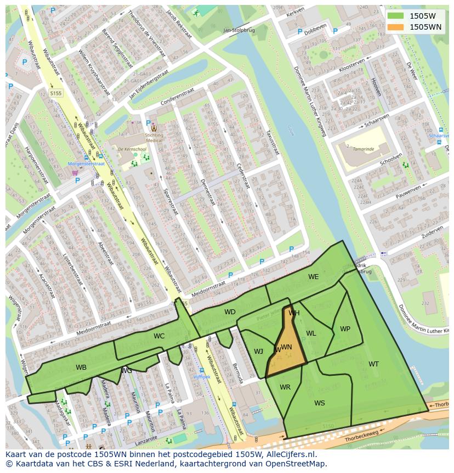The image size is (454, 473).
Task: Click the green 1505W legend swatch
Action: (395, 16)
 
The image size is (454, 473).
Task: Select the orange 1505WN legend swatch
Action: (395, 26)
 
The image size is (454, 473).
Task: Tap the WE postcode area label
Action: (313, 277)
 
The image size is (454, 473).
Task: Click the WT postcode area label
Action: (373, 364)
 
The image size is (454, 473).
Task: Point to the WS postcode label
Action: (320, 403)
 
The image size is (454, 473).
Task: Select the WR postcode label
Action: (285, 387)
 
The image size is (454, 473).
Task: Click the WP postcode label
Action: (345, 329)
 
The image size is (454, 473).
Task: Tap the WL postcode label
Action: (311, 333)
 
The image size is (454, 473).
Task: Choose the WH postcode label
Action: (294, 313)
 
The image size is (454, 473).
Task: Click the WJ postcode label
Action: (258, 352)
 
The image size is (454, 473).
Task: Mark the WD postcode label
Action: (230, 312)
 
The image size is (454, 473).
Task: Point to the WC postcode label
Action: (159, 336)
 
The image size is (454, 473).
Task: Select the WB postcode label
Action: (81, 368)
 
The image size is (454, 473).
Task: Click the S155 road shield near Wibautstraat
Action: (55, 93)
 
